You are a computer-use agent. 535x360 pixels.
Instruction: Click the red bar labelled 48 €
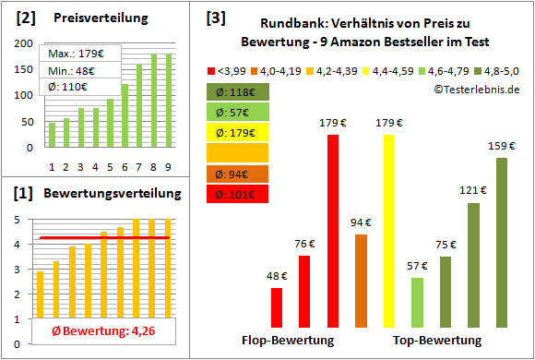tap(276, 306)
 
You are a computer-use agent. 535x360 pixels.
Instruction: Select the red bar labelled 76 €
tap(304, 290)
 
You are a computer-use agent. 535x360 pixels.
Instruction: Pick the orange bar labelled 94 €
tap(361, 280)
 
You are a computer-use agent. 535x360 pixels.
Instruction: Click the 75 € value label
tap(446, 245)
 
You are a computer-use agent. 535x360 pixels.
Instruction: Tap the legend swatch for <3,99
tap(213, 68)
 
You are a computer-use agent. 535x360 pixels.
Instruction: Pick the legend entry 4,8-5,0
tap(499, 68)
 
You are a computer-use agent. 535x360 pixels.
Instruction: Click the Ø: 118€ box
tap(237, 91)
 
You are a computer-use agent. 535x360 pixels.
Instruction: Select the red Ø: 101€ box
tap(237, 194)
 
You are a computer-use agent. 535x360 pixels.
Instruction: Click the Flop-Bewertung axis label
tap(287, 340)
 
